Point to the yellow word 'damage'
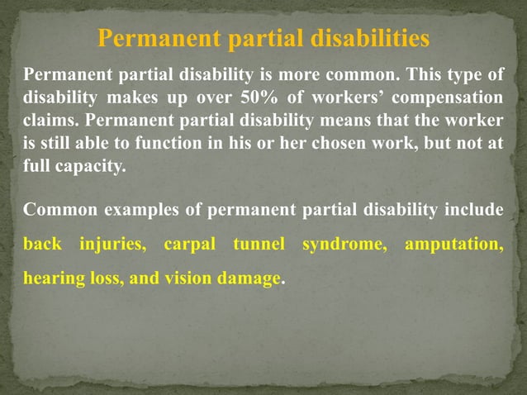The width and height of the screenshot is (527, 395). (249, 279)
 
